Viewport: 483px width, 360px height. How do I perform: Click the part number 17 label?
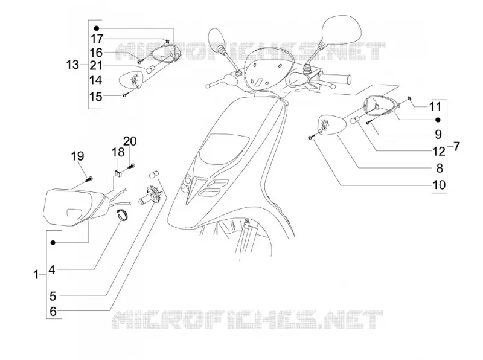[97, 39]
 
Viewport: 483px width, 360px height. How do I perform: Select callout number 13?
[72, 65]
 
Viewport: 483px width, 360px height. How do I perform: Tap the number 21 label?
[96, 66]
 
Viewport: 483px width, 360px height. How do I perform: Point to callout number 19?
[77, 156]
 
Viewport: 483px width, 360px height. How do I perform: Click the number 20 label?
[130, 141]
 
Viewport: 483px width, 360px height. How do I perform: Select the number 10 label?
[440, 185]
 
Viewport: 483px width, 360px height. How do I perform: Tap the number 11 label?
[435, 107]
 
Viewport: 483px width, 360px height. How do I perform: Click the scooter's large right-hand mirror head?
[341, 29]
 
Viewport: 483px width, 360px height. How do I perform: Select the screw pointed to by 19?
[89, 178]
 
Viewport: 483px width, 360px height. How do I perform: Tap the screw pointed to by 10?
[311, 138]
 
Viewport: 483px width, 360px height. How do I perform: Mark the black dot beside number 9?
[438, 120]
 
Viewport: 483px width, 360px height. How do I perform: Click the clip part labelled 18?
[118, 174]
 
